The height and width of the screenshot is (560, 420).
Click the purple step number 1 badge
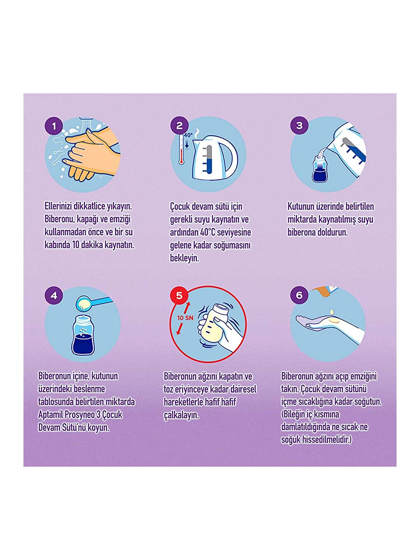click(x=54, y=126)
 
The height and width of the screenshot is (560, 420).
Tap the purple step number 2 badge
click(x=180, y=126)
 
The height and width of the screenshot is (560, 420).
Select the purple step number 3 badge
click(x=299, y=125)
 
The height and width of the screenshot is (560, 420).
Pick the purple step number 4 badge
click(x=54, y=296)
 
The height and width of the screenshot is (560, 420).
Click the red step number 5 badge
click(x=179, y=295)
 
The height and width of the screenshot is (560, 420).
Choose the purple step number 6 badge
click(x=299, y=295)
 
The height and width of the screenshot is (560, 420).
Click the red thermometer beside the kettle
click(x=181, y=149)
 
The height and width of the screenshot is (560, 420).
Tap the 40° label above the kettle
click(x=189, y=135)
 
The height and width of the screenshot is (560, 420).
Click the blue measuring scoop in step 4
click(x=94, y=303)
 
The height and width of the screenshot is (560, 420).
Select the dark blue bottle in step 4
click(x=84, y=335)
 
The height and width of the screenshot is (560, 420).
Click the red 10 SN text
click(x=185, y=318)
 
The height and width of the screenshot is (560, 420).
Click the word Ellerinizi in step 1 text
click(x=58, y=206)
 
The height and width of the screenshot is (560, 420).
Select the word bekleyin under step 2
click(x=184, y=259)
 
